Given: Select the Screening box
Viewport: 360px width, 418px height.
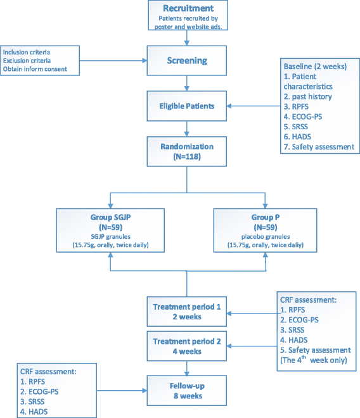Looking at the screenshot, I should (x=186, y=61).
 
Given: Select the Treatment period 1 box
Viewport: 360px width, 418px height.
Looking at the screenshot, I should (x=186, y=312).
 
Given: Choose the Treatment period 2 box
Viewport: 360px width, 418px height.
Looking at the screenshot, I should (x=186, y=346).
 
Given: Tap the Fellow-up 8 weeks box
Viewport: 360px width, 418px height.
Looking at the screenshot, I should (x=186, y=391).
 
